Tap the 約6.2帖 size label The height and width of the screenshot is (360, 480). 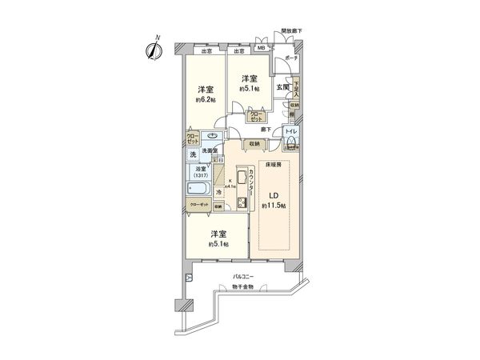click(x=206, y=102)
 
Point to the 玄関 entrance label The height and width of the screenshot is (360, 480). click(x=284, y=86)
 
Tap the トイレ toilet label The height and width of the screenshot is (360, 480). click(x=291, y=130)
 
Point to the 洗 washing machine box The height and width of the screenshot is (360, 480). click(x=193, y=154)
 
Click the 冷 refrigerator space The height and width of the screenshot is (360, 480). click(x=218, y=192)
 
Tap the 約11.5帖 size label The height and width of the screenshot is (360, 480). click(x=273, y=206)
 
